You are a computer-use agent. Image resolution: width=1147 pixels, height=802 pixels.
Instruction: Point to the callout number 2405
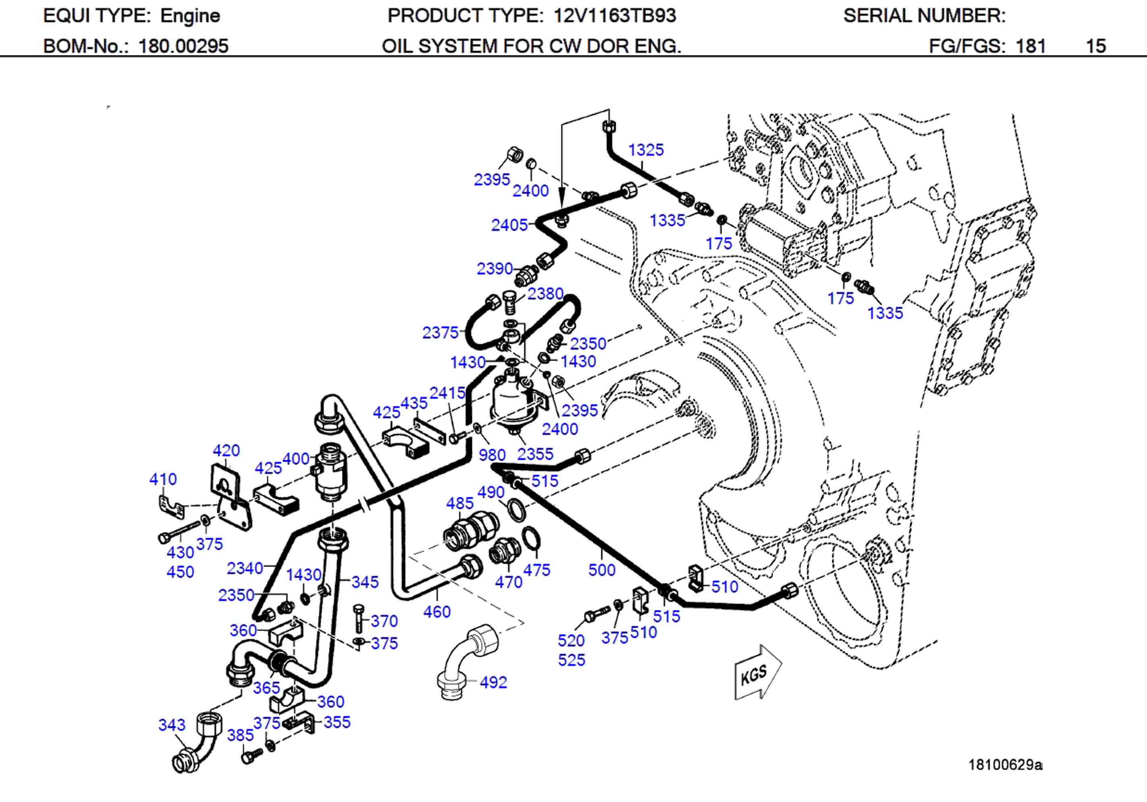pos(509,225)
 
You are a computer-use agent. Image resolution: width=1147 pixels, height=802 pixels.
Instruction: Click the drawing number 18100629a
pos(1005,765)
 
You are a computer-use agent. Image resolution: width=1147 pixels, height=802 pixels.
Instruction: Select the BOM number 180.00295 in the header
pos(183,46)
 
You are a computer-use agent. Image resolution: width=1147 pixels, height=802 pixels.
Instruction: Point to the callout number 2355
pos(535,454)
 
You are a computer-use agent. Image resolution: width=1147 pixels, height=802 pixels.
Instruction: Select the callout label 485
pos(459,503)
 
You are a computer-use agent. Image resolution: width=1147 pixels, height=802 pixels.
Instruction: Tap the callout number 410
pos(163,479)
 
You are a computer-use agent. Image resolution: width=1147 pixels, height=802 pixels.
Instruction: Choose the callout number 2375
pos(440,333)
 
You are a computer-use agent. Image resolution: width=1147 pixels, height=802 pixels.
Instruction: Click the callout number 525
pos(571,660)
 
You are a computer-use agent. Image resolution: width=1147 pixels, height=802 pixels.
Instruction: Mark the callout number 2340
pos(245,568)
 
